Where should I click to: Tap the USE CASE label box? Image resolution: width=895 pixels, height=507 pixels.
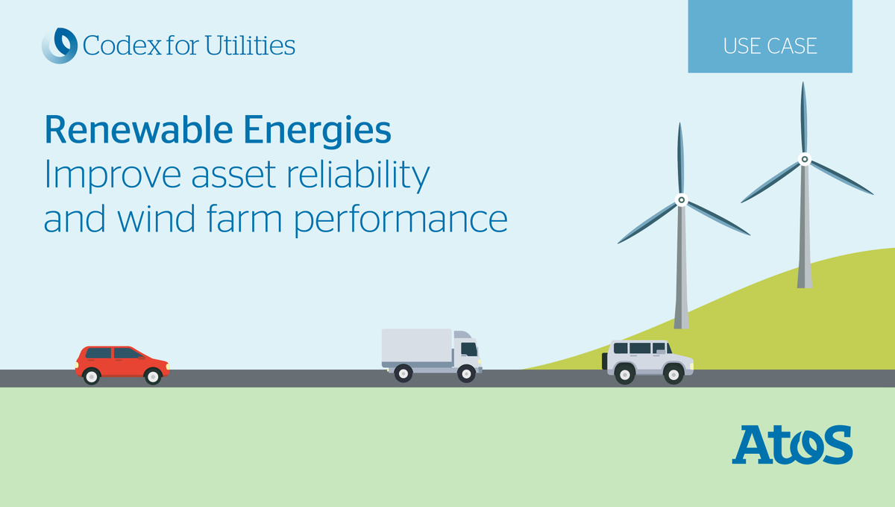click(x=770, y=46)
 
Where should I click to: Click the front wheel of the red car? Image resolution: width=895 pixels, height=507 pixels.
click(x=153, y=376)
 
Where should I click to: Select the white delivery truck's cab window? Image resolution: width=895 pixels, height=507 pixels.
click(x=468, y=349)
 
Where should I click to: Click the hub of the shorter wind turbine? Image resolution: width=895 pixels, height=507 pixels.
click(x=680, y=200)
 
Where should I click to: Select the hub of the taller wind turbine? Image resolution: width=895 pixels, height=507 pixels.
click(x=804, y=159)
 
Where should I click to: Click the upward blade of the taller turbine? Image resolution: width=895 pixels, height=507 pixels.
click(x=803, y=116)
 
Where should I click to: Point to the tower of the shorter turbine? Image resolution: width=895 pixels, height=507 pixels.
click(x=680, y=276)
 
